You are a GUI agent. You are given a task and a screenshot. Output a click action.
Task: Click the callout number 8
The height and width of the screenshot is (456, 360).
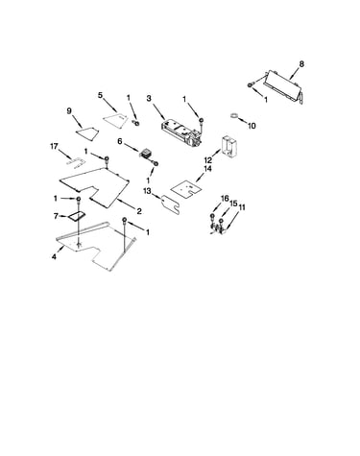[301, 64]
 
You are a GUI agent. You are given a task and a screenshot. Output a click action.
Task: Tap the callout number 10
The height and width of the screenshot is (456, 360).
[252, 126]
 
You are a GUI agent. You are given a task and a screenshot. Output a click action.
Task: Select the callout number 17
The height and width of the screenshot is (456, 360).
[54, 147]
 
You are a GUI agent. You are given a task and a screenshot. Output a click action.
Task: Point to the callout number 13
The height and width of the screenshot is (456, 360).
[147, 191]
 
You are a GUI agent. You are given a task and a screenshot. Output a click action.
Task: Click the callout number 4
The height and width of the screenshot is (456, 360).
[54, 256]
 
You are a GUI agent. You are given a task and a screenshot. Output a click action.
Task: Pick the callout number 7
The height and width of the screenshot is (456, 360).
[56, 217]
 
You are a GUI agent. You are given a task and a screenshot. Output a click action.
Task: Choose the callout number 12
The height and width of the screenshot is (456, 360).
[208, 159]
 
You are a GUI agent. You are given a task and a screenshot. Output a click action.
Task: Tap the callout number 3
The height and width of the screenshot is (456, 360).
[149, 98]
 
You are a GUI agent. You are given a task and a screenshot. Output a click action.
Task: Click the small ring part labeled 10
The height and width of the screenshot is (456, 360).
[234, 115]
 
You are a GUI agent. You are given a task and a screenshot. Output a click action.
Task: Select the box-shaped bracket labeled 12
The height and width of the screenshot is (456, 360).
[229, 146]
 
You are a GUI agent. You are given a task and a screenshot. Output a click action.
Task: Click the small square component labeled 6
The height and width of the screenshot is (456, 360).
[146, 153]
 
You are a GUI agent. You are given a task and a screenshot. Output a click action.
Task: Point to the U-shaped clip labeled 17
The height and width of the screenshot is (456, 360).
[76, 164]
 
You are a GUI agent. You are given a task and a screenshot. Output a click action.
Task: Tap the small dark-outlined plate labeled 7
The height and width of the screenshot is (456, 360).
[76, 217]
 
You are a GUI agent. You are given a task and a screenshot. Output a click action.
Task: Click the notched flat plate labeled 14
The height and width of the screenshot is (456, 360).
[186, 189]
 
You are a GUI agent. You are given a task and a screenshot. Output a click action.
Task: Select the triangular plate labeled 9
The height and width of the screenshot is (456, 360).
[87, 133]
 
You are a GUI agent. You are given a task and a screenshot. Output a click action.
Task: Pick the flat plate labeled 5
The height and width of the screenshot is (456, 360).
[115, 120]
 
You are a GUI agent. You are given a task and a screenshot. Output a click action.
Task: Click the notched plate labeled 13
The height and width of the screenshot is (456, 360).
[170, 204]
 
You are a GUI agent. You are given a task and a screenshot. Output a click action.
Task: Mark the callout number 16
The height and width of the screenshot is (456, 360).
[225, 199]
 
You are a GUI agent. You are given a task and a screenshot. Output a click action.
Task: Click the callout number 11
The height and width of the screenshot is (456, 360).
[242, 207]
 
